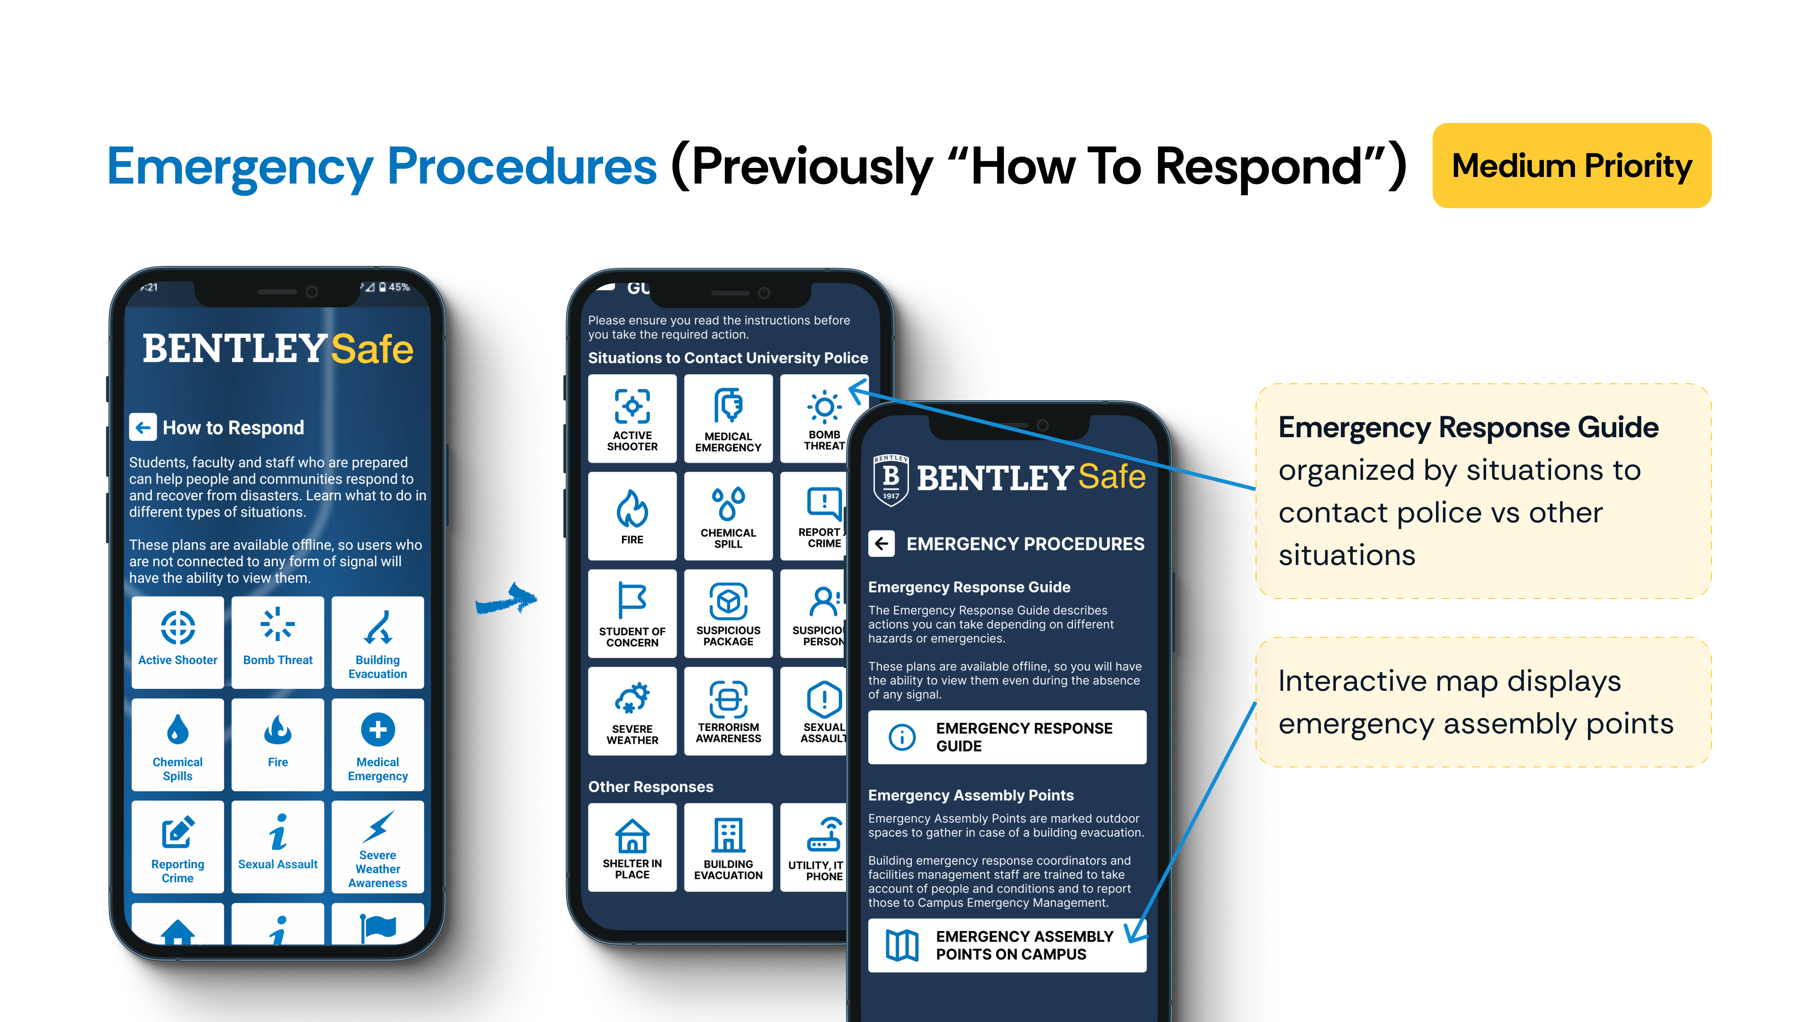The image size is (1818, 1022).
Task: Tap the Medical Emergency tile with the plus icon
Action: coord(378,744)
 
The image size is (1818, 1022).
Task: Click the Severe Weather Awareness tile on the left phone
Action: coord(378,846)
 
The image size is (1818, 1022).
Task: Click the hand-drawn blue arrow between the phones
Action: coord(507,599)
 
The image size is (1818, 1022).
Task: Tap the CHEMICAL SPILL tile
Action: coord(728,516)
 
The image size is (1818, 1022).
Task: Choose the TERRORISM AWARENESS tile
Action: coord(728,711)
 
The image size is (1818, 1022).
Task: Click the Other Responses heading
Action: coord(651,786)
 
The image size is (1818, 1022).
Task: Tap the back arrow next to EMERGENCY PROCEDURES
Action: coord(882,544)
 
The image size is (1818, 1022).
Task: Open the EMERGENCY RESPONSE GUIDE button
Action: coord(1007,737)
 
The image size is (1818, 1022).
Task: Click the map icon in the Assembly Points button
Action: coord(902,945)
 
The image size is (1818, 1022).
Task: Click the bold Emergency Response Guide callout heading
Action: coord(1468,427)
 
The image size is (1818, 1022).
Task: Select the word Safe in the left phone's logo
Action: coord(372,349)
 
